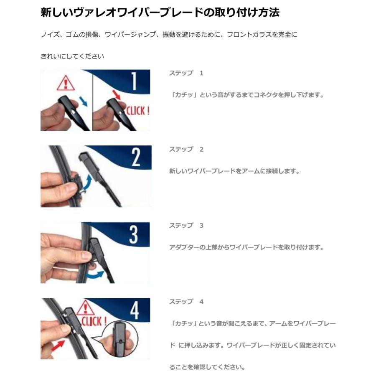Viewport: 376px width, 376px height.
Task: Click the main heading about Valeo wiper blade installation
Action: (x=160, y=13)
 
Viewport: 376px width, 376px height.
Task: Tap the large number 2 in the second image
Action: (x=136, y=158)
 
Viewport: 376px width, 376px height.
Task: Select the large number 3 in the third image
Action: (x=133, y=234)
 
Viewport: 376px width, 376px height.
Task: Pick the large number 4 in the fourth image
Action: (x=135, y=310)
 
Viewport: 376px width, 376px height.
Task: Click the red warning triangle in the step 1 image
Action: (x=65, y=84)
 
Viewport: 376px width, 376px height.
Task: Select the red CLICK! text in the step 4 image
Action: (x=94, y=322)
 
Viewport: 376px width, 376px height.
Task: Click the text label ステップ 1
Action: (x=186, y=73)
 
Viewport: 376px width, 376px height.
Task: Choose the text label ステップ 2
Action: (x=186, y=149)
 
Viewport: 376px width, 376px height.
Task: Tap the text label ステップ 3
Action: (x=186, y=225)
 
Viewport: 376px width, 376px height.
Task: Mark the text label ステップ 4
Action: (x=186, y=301)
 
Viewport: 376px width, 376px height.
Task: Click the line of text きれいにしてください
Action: (x=72, y=56)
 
